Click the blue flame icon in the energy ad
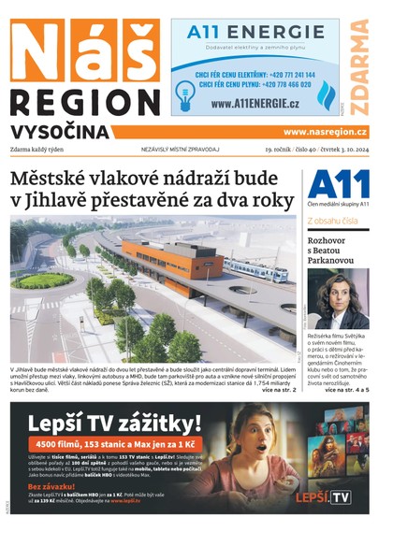click(326, 93)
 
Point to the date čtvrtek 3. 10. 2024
click(343, 150)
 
